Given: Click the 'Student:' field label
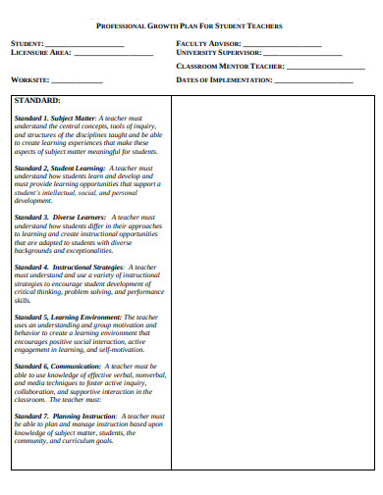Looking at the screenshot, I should (x=27, y=44).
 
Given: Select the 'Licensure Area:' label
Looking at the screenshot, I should (x=40, y=53).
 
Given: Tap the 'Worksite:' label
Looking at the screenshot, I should (x=29, y=80).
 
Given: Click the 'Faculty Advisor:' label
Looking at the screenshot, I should (x=208, y=44).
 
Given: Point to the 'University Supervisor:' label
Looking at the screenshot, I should (x=218, y=53).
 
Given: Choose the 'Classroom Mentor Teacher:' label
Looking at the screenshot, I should (x=230, y=67).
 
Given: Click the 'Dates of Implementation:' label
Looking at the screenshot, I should (x=223, y=80).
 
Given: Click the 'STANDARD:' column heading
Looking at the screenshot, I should (x=37, y=100).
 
